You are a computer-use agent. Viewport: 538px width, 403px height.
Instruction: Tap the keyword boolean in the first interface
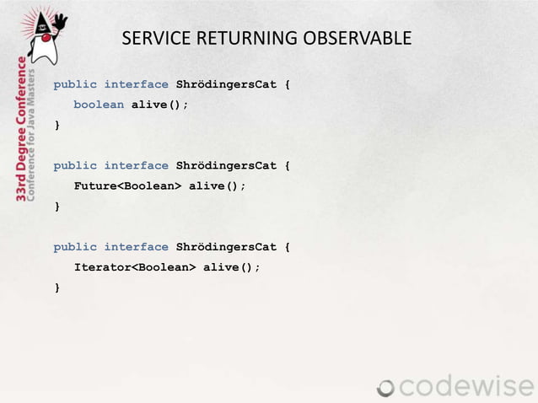(99, 105)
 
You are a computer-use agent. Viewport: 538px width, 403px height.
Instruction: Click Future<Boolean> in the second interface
(127, 186)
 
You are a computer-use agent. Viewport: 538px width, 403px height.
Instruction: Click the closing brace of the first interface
(57, 126)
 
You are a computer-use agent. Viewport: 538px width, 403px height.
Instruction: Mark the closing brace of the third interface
(57, 287)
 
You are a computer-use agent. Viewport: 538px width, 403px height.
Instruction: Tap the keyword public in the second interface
(75, 166)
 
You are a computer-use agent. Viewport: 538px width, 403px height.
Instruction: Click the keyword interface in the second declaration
(136, 166)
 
